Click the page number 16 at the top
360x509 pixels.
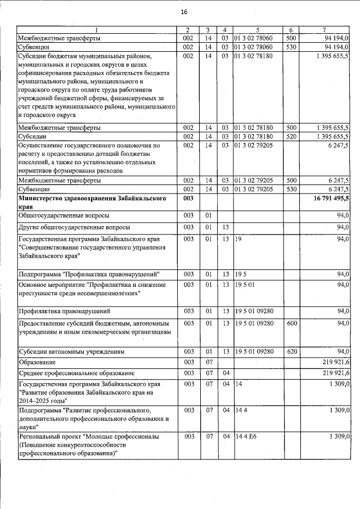coord(184,12)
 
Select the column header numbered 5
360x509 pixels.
coord(257,29)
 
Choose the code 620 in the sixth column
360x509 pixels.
coord(291,352)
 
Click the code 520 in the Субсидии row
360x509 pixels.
coord(291,137)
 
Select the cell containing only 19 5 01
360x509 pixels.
coord(245,285)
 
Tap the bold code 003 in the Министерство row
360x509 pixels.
coord(188,199)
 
